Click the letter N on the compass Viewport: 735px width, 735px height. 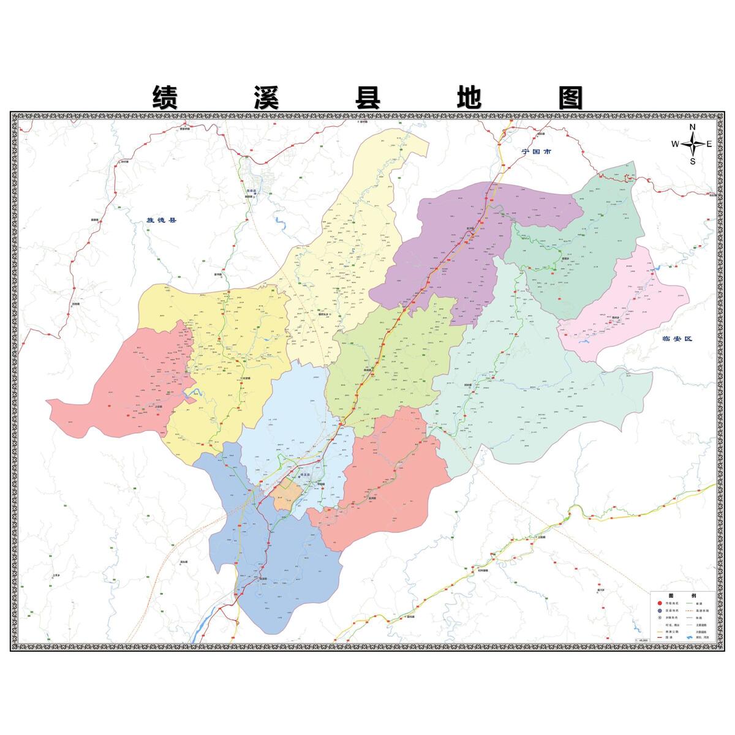[x=693, y=127]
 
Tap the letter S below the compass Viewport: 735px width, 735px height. [x=693, y=162]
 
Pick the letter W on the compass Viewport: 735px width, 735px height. [x=675, y=145]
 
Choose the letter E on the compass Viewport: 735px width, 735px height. [x=709, y=145]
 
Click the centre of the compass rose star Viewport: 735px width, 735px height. [x=693, y=145]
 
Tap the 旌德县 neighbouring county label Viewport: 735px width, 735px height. [x=161, y=220]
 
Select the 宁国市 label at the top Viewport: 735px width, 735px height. [x=537, y=151]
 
